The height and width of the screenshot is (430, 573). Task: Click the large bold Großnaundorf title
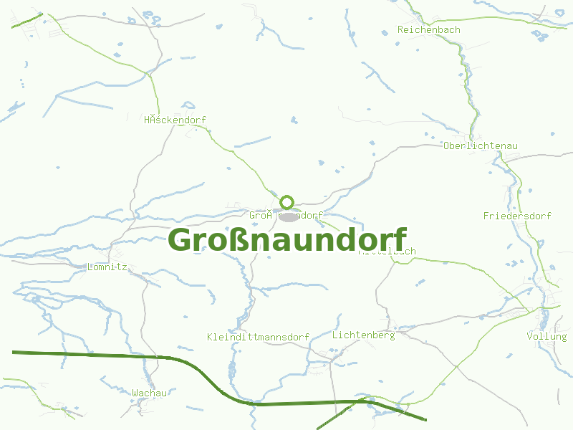point(287,240)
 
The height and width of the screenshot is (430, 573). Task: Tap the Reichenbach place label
point(428,30)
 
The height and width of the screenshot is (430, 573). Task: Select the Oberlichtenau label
point(480,146)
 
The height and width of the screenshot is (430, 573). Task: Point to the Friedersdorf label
point(517,216)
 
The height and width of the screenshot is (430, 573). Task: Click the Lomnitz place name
point(106,267)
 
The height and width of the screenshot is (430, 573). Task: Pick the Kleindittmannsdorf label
point(257,337)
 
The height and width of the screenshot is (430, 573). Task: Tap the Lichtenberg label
point(363,335)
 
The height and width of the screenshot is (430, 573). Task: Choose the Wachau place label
point(149,393)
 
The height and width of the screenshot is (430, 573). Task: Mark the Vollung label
point(546,336)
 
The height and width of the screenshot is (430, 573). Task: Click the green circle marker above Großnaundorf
point(287,202)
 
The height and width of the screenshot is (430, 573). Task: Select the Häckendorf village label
point(175,120)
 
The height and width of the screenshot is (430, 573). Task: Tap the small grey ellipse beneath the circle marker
point(288,215)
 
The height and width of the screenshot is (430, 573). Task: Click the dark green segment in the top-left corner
point(27,21)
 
